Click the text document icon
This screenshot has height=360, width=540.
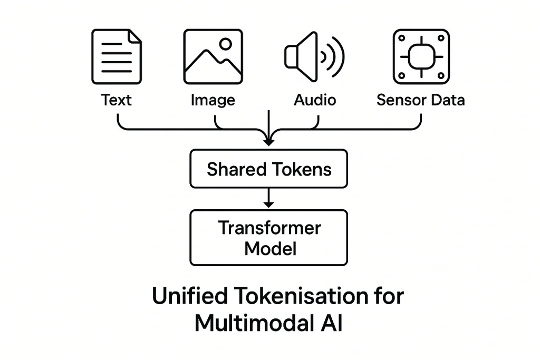117,56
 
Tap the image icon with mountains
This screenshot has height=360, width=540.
213,56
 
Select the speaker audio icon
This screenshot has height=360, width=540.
313,56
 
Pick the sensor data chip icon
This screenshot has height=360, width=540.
421,56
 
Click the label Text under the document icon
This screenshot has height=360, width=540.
117,100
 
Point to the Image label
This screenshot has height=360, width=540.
213,100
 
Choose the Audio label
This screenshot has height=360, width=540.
315,100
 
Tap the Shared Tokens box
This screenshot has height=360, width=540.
268,169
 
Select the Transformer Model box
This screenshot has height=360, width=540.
268,238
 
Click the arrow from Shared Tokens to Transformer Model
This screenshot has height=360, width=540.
269,198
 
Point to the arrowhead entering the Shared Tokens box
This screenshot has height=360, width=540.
269,141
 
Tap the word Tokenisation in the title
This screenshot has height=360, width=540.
297,296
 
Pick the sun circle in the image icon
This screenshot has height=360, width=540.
226,44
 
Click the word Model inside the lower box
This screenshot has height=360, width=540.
270,248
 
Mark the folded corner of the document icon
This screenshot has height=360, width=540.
136,35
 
